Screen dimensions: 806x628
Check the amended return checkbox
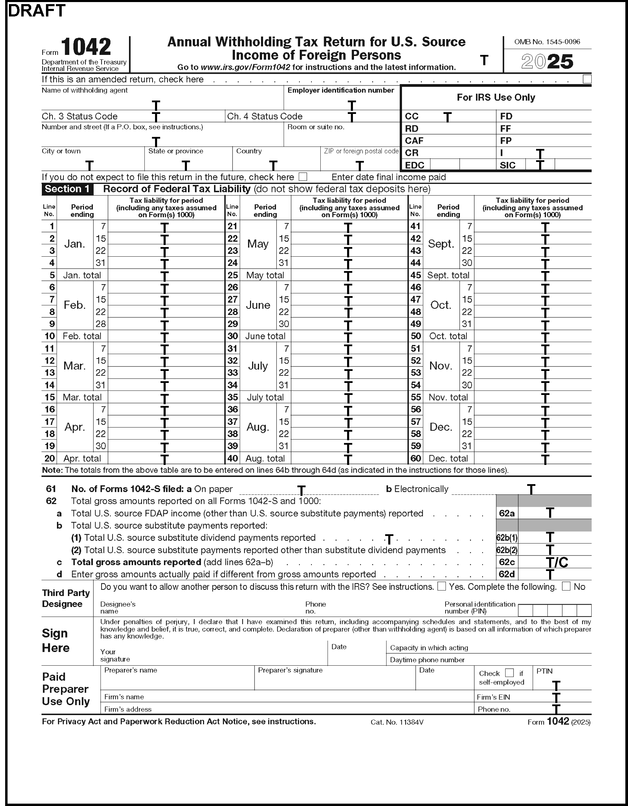tap(587, 79)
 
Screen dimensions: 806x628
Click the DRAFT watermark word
tap(36, 11)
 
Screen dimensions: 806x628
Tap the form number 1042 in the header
tap(86, 47)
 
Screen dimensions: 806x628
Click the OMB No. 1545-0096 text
tap(547, 42)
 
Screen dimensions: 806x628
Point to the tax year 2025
tap(547, 62)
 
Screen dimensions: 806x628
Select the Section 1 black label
tap(67, 189)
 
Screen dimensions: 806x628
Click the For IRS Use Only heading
tap(496, 97)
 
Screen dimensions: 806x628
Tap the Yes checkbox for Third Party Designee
tap(441, 586)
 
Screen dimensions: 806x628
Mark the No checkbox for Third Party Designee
tap(566, 586)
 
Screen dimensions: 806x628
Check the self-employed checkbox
tap(509, 673)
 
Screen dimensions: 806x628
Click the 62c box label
tap(507, 562)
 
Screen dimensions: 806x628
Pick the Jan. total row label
tap(82, 275)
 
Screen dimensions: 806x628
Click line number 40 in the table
tap(233, 458)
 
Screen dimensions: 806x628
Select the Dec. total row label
tap(448, 458)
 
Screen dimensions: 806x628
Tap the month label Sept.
tap(440, 244)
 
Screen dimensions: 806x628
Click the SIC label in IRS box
tap(507, 165)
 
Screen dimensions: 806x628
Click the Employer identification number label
tap(341, 91)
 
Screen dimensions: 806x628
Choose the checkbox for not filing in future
tap(303, 177)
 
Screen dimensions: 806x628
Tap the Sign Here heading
tap(55, 640)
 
